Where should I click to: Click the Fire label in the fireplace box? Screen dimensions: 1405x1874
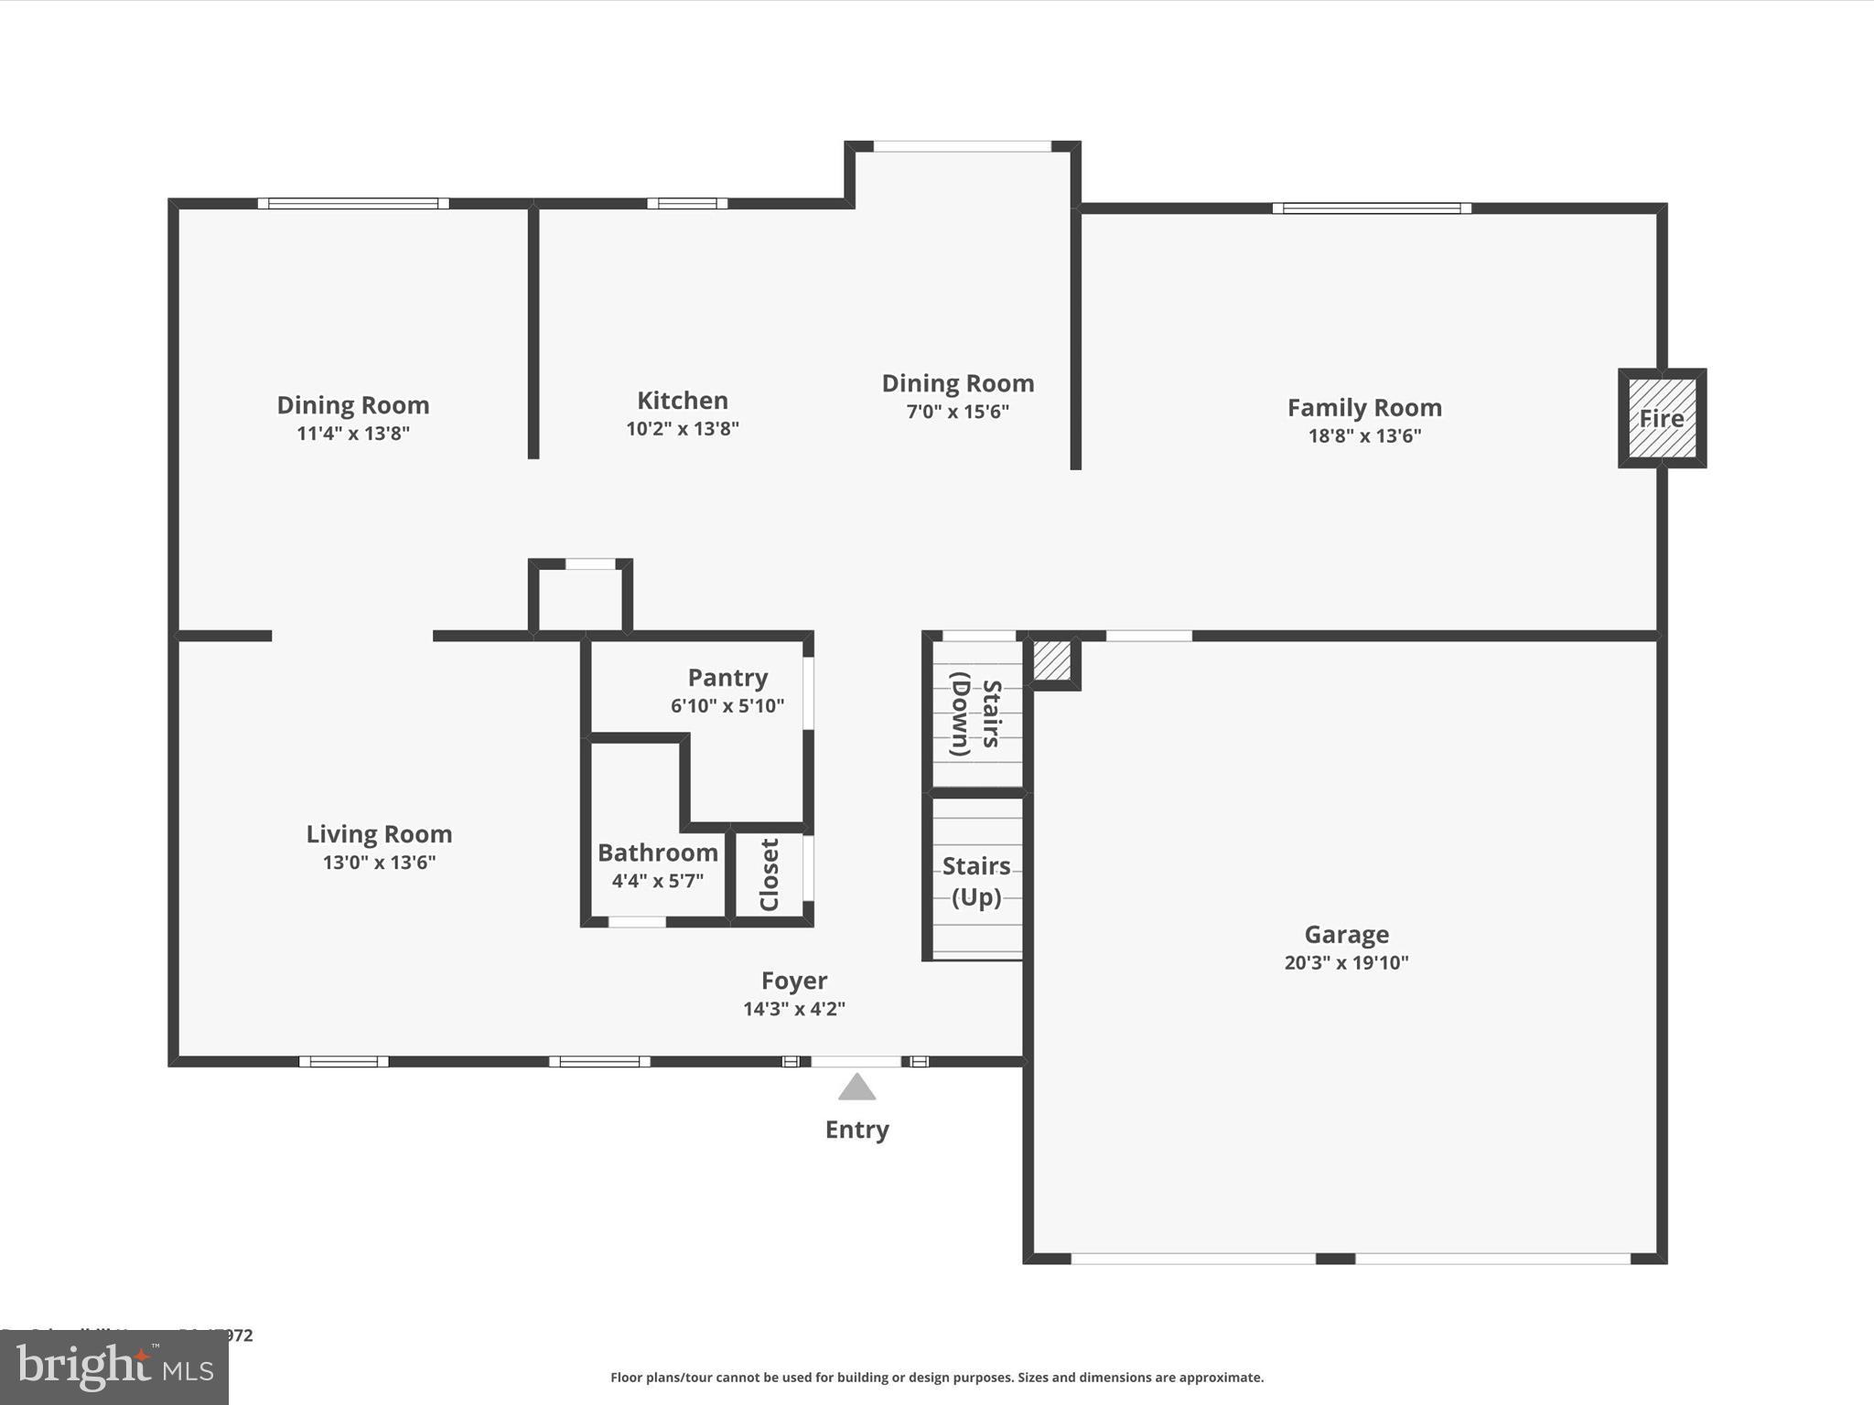tap(1661, 418)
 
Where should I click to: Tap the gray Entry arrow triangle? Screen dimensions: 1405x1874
tap(857, 1087)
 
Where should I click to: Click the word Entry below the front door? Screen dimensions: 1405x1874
tap(856, 1130)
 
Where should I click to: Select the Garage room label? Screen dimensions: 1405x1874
tap(1346, 934)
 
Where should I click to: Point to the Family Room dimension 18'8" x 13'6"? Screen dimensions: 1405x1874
tap(1364, 435)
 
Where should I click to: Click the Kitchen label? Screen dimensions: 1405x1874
tap(683, 401)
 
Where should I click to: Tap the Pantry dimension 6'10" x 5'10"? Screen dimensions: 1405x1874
tap(727, 705)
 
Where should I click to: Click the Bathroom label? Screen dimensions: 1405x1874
tap(658, 853)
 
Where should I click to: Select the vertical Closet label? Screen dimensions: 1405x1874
tap(770, 874)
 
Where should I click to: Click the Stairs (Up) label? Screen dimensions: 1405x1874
tap(976, 881)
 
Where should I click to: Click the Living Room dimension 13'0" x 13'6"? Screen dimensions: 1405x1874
tap(379, 862)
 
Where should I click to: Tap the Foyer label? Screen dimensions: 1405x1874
tap(794, 981)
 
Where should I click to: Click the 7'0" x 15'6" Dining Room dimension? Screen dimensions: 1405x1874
tap(957, 412)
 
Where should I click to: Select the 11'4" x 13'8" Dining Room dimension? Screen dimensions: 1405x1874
tap(353, 433)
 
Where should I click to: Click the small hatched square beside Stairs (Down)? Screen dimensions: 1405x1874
tap(1052, 660)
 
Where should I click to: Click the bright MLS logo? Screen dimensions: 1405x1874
tap(114, 1367)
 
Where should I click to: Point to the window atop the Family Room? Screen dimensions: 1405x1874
tap(1372, 209)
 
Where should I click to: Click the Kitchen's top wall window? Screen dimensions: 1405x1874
tap(687, 203)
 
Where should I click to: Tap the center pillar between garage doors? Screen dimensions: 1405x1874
tap(1335, 1259)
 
